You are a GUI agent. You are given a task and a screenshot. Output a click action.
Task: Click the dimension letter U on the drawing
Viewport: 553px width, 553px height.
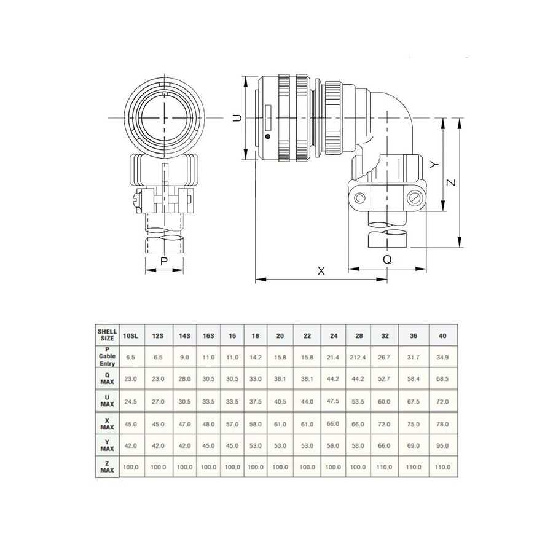238,118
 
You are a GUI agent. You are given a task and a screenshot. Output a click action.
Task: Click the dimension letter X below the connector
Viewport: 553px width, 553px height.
321,271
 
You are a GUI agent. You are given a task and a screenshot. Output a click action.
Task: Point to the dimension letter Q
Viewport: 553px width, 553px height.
387,259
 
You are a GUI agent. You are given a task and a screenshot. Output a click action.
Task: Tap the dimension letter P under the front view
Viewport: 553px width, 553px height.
164,261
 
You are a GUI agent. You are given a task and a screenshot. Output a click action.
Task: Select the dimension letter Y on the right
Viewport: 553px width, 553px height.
435,164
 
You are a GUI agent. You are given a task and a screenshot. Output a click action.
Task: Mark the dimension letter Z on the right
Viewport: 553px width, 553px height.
451,182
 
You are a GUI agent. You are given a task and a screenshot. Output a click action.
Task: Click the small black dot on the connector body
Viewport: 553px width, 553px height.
267,136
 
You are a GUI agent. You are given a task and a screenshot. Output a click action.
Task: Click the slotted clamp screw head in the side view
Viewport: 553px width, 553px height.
414,198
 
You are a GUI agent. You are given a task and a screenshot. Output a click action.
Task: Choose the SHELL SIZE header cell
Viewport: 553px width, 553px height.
107,335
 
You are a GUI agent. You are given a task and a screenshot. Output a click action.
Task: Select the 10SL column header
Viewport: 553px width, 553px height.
130,335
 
